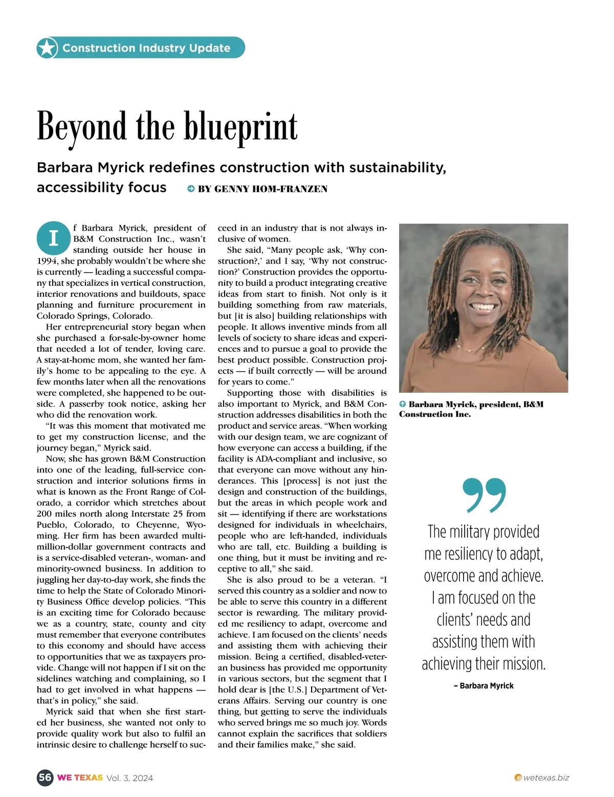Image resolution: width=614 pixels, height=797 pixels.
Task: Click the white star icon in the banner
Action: coord(47,48)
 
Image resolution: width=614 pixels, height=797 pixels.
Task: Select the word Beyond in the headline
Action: coord(81,127)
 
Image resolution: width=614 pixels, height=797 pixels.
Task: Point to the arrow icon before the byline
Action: coord(191,189)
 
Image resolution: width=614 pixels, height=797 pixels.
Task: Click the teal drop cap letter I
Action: coord(53,238)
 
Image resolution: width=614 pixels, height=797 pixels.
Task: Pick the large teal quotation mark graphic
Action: coord(484,495)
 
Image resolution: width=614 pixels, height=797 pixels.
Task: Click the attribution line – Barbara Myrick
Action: coord(484,685)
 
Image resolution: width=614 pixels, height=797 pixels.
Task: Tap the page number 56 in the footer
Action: coord(45,778)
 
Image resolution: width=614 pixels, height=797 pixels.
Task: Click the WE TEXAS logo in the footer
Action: coord(80,778)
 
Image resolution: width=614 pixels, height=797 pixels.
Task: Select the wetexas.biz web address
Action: coord(546,778)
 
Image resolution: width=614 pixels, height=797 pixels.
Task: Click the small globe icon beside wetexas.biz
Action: coord(518,778)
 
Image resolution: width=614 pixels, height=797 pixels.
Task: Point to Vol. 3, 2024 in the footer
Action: coord(129,778)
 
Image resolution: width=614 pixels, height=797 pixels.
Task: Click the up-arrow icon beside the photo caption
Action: coord(403,404)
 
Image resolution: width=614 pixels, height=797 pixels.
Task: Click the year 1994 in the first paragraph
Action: coord(47,261)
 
